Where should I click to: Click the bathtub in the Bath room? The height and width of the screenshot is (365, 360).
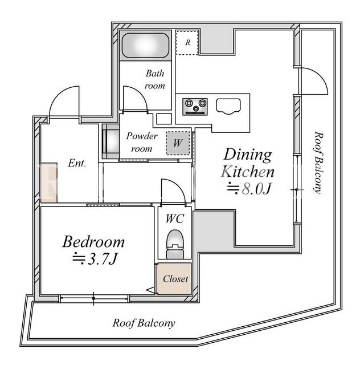click(146, 46)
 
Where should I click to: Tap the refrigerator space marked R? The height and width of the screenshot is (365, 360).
click(187, 42)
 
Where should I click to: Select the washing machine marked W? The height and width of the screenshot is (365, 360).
click(178, 143)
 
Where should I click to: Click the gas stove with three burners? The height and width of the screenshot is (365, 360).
click(195, 107)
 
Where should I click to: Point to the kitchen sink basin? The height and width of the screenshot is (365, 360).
click(228, 107)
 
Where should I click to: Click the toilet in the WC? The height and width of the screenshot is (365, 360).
click(175, 244)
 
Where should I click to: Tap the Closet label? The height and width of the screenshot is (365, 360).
click(175, 279)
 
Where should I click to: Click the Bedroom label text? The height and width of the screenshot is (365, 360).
click(94, 242)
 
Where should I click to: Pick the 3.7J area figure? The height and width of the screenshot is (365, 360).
click(95, 258)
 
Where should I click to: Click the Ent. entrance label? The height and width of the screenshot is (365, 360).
click(77, 163)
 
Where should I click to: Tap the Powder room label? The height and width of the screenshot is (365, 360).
click(142, 142)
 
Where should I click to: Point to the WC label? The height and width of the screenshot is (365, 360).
click(175, 218)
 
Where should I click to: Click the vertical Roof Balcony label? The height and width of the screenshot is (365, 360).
click(318, 163)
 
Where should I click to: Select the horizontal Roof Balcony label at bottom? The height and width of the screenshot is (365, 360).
click(144, 323)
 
